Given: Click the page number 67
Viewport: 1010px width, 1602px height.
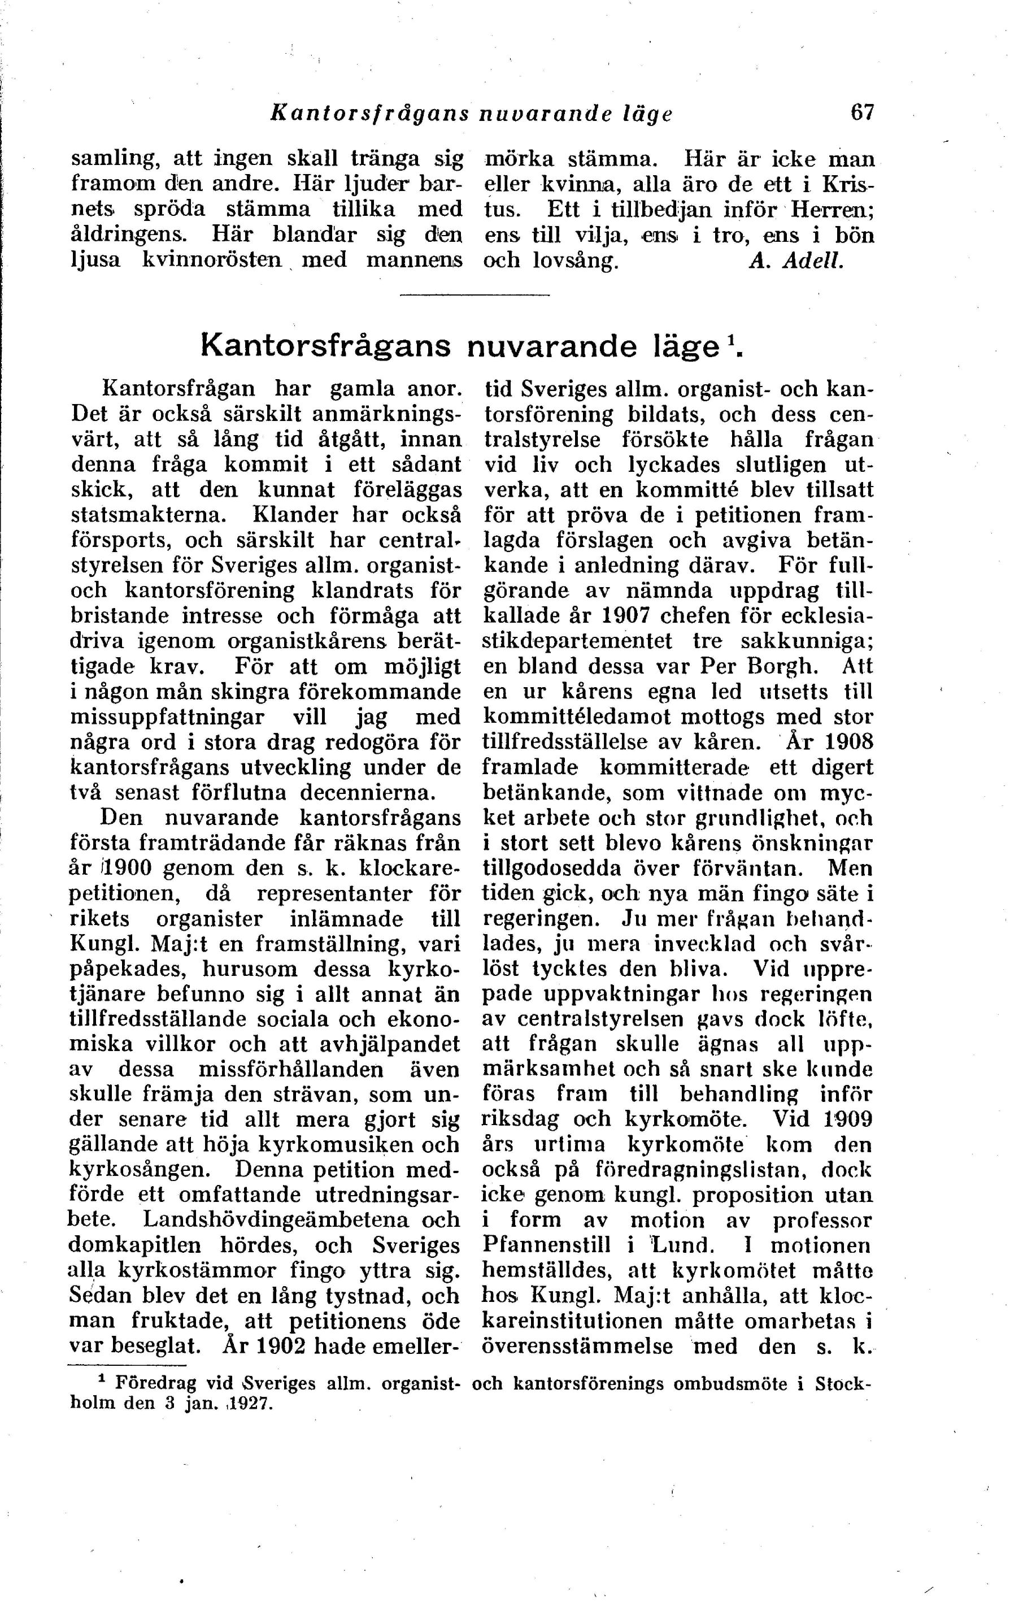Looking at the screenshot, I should click(x=863, y=112).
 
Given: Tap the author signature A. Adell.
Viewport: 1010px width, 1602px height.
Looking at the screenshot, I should click(x=796, y=260).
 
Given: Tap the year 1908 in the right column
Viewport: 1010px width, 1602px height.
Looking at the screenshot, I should click(x=847, y=742).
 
